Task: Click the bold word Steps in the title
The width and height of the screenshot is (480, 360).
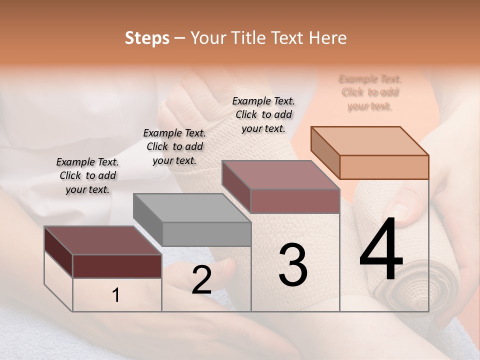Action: [147, 38]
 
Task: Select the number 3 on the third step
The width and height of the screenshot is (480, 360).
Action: [293, 265]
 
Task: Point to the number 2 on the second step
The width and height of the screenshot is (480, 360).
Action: [201, 280]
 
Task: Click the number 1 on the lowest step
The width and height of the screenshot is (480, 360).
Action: [116, 295]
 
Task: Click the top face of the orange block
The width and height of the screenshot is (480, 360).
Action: [369, 140]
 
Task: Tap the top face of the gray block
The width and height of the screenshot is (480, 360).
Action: [191, 207]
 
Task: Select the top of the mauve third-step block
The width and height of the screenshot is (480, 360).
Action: [280, 174]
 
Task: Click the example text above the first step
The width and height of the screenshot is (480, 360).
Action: [87, 175]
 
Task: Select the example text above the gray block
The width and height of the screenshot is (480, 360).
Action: [174, 146]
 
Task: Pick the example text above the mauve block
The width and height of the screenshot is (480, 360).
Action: [263, 114]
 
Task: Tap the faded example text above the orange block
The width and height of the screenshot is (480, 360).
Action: [370, 92]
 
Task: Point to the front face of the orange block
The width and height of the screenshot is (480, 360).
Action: [384, 167]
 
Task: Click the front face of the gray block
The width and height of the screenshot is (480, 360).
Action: [206, 234]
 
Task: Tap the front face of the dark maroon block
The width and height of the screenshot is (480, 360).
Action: [117, 266]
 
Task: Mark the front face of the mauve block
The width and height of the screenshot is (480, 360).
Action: [295, 201]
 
